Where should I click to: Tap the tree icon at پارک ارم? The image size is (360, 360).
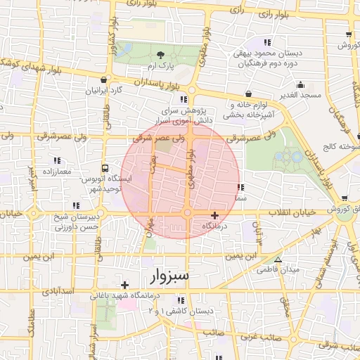point(161,55)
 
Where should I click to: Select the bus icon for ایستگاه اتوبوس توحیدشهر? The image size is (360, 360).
point(105,169)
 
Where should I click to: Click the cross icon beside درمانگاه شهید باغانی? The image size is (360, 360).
point(124,285)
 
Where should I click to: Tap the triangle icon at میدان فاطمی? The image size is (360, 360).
point(278,260)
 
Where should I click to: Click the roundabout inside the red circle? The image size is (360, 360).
point(187,212)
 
